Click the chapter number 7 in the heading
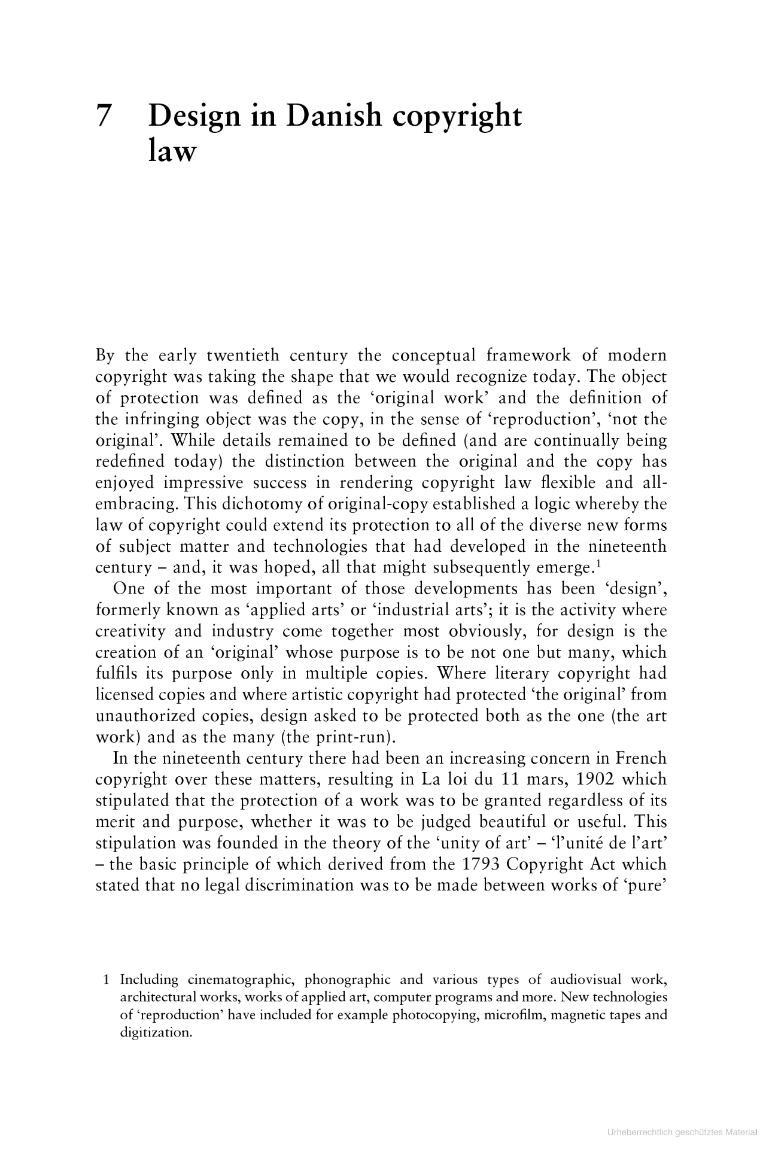pyautogui.click(x=103, y=116)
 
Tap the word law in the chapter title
pyautogui.click(x=172, y=151)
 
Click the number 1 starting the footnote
pyautogui.click(x=106, y=980)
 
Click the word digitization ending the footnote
pyautogui.click(x=156, y=1032)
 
